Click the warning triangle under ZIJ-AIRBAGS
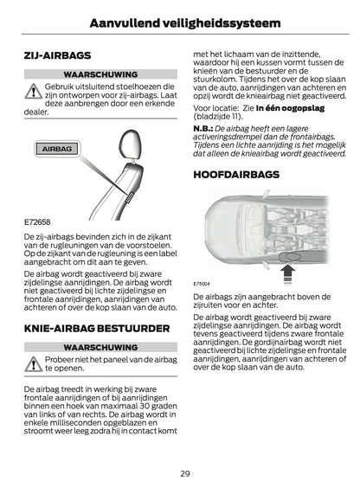33,90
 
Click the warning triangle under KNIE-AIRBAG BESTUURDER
33,362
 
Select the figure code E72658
38,221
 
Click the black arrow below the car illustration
289,274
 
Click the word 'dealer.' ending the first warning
36,112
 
